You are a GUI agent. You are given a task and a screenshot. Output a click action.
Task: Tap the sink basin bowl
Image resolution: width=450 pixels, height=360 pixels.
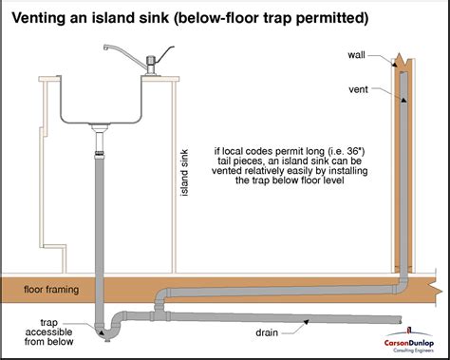click(x=105, y=100)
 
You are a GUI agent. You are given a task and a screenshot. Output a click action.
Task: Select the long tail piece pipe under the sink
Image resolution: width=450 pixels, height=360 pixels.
click(x=102, y=218)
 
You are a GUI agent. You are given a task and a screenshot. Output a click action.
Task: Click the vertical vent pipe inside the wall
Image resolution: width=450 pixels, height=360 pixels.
click(x=404, y=171)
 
